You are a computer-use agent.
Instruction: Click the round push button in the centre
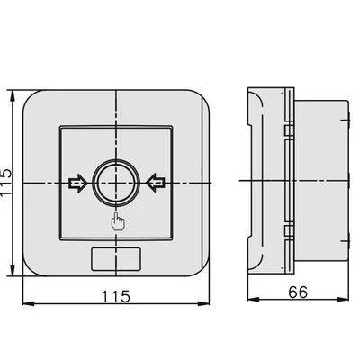point(116,183)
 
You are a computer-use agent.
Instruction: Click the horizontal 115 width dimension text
point(115,295)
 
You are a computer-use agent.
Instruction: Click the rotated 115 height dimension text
point(8,184)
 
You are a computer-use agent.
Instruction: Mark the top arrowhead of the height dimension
point(13,94)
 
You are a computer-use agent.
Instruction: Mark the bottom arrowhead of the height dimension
point(13,273)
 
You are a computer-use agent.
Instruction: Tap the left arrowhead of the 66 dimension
point(251,303)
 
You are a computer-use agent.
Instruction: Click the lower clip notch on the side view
point(286,233)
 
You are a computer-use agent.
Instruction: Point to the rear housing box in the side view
point(322,183)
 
